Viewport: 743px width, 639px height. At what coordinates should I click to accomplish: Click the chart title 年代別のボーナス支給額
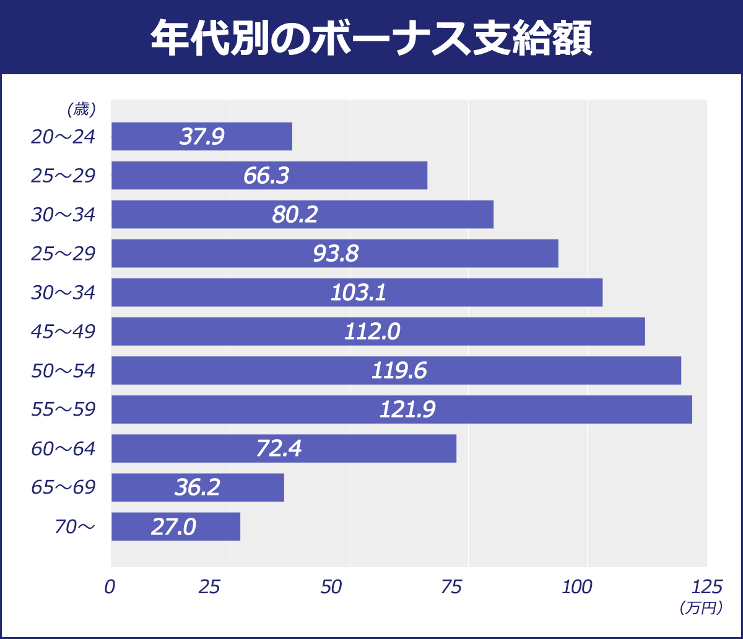pyautogui.click(x=371, y=38)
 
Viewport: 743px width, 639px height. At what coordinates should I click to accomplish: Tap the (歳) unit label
pyautogui.click(x=80, y=109)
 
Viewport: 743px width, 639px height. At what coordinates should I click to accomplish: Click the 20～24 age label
pyautogui.click(x=63, y=137)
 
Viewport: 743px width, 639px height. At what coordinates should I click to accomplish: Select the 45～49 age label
pyautogui.click(x=63, y=332)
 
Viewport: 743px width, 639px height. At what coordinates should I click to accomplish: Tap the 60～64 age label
pyautogui.click(x=63, y=449)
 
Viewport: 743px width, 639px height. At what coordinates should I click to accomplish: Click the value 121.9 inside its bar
pyautogui.click(x=407, y=410)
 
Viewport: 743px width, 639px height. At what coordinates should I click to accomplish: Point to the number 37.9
pyautogui.click(x=202, y=137)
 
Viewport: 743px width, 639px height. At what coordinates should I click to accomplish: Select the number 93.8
pyautogui.click(x=336, y=254)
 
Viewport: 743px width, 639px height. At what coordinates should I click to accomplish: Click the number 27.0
pyautogui.click(x=173, y=527)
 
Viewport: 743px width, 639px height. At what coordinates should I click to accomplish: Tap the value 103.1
pyautogui.click(x=358, y=293)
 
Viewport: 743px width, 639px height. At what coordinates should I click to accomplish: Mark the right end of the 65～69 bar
pyautogui.click(x=282, y=487)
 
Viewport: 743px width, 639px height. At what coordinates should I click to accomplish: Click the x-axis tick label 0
pyautogui.click(x=110, y=587)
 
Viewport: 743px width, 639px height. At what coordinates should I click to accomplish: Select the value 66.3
pyautogui.click(x=266, y=176)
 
